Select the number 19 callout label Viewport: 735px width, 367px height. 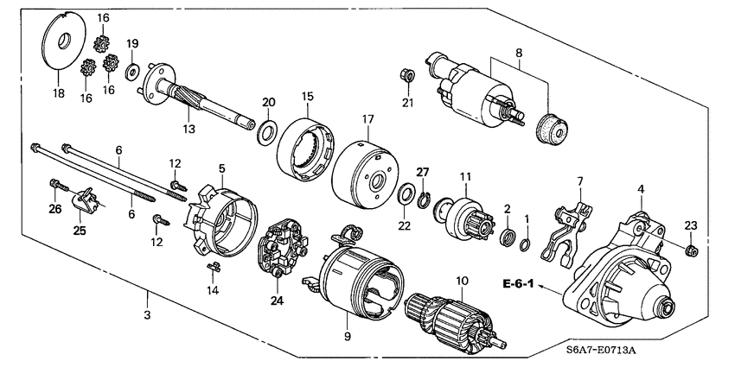(132, 44)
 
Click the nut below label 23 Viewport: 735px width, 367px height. (690, 251)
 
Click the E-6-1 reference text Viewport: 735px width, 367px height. (517, 282)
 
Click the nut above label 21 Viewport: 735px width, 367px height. (407, 76)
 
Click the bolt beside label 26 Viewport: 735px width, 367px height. (59, 186)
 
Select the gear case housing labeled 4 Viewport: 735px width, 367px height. (623, 268)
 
